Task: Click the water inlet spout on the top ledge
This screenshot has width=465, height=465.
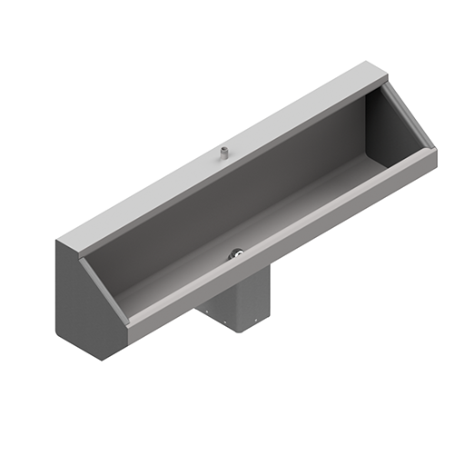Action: pyautogui.click(x=223, y=154)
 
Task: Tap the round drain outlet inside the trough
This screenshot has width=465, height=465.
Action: pyautogui.click(x=235, y=256)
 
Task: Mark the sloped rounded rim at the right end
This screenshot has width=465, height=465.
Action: pyautogui.click(x=409, y=118)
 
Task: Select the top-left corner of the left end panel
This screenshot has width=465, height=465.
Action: pyautogui.click(x=59, y=239)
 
